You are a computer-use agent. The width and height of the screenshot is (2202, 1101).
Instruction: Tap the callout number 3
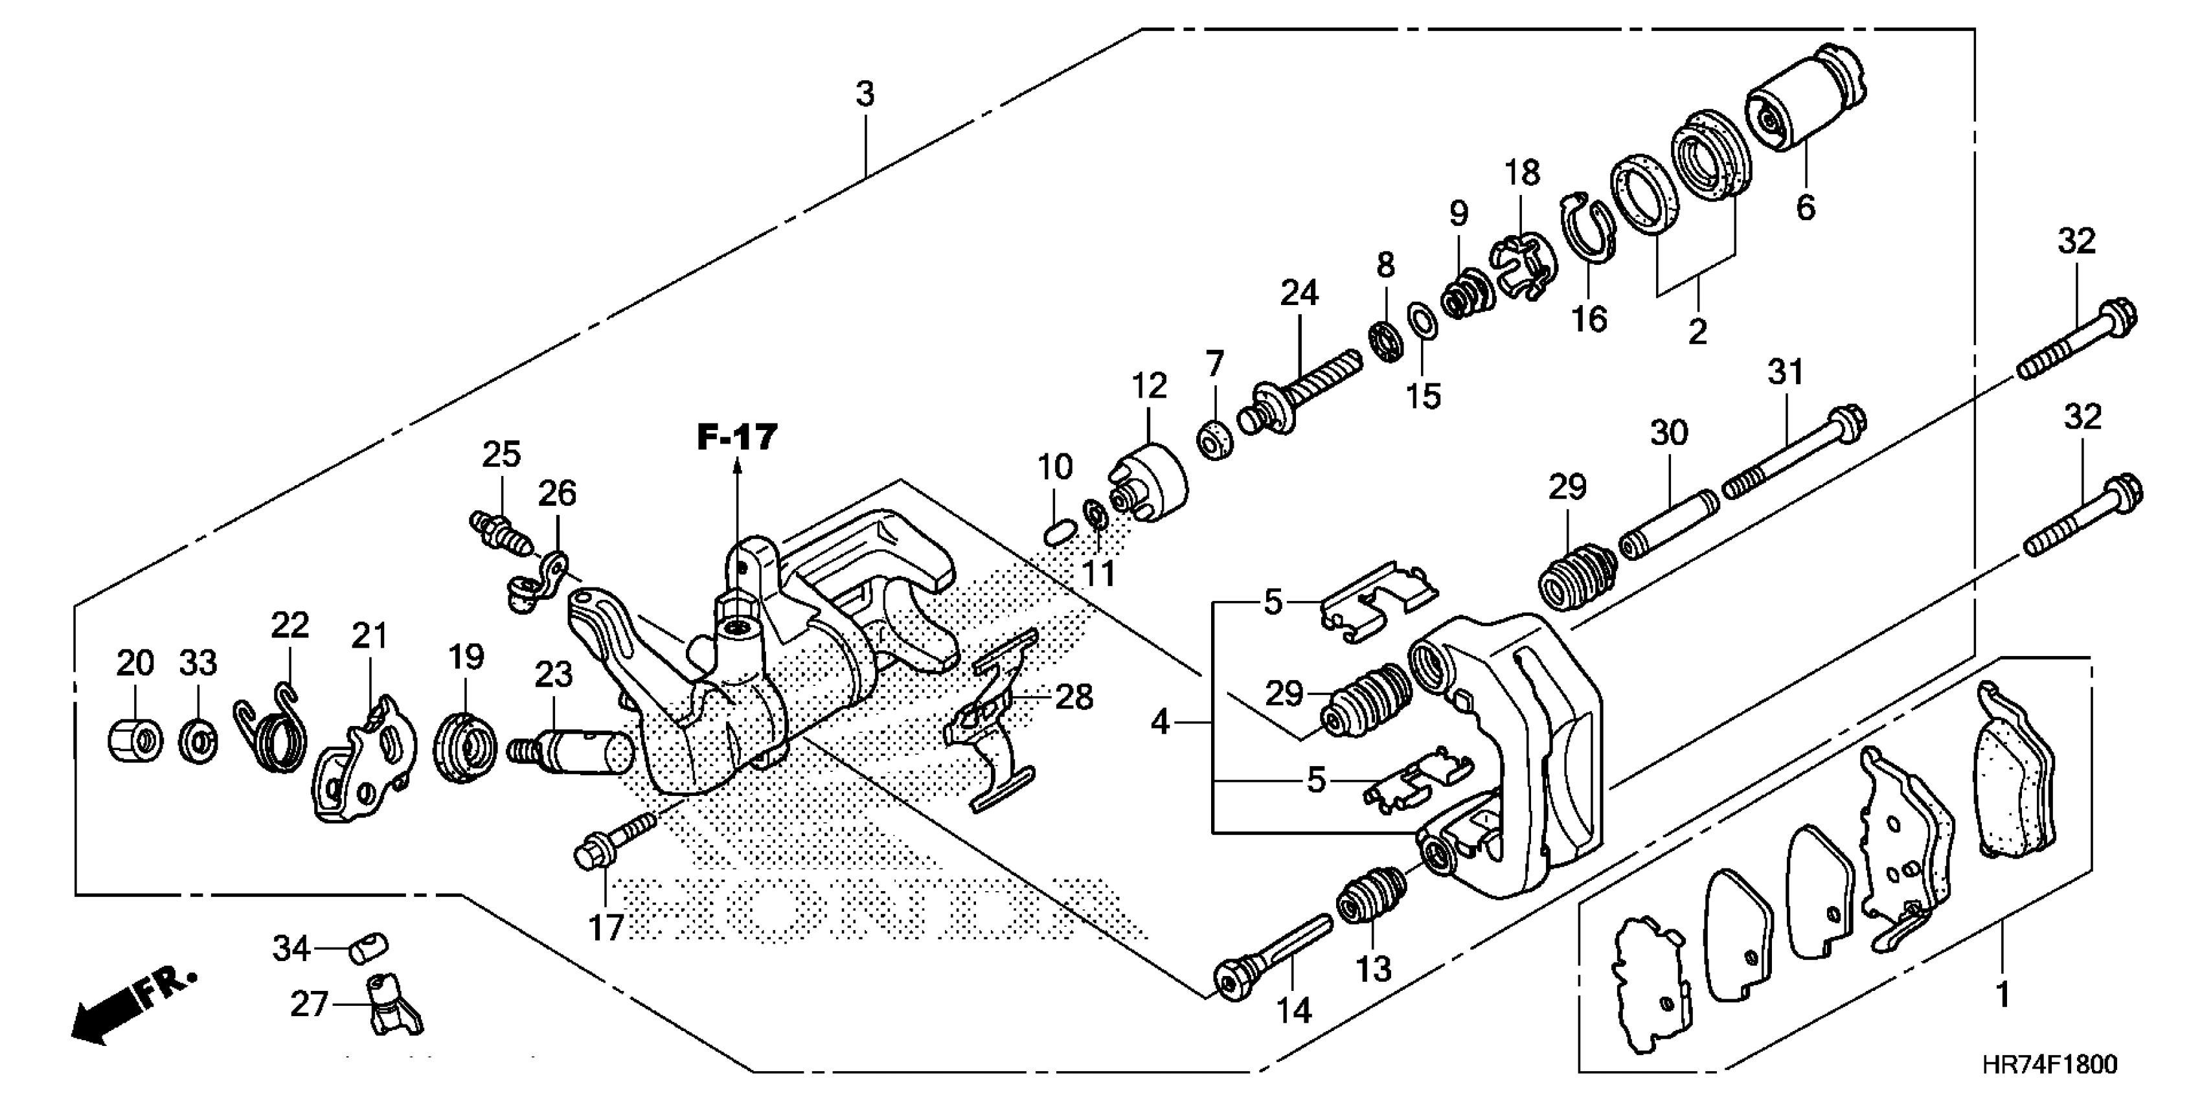(x=865, y=94)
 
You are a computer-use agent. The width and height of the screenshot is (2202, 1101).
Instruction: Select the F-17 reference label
(x=737, y=438)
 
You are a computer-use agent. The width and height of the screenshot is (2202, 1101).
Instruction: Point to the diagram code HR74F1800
(x=2049, y=1064)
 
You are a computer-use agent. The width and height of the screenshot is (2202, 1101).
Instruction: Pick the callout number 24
(x=1299, y=293)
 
